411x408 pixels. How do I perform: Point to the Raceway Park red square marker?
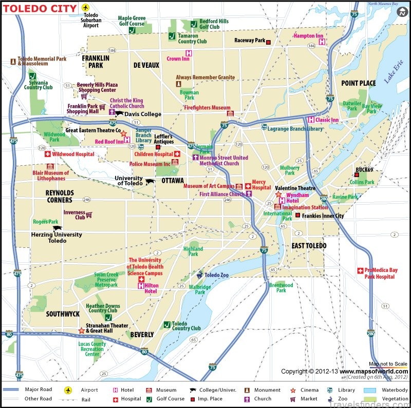(x=268, y=41)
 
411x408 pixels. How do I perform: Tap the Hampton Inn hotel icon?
(x=322, y=43)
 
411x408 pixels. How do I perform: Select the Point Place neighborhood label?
(x=359, y=83)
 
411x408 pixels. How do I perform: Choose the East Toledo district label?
(x=309, y=246)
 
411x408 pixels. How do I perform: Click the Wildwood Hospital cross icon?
(x=48, y=154)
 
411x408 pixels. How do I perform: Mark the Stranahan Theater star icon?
(x=81, y=331)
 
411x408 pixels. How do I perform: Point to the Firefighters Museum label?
(x=207, y=108)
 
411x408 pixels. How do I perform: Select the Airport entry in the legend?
(x=89, y=390)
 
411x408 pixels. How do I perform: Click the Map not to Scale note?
(x=388, y=364)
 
